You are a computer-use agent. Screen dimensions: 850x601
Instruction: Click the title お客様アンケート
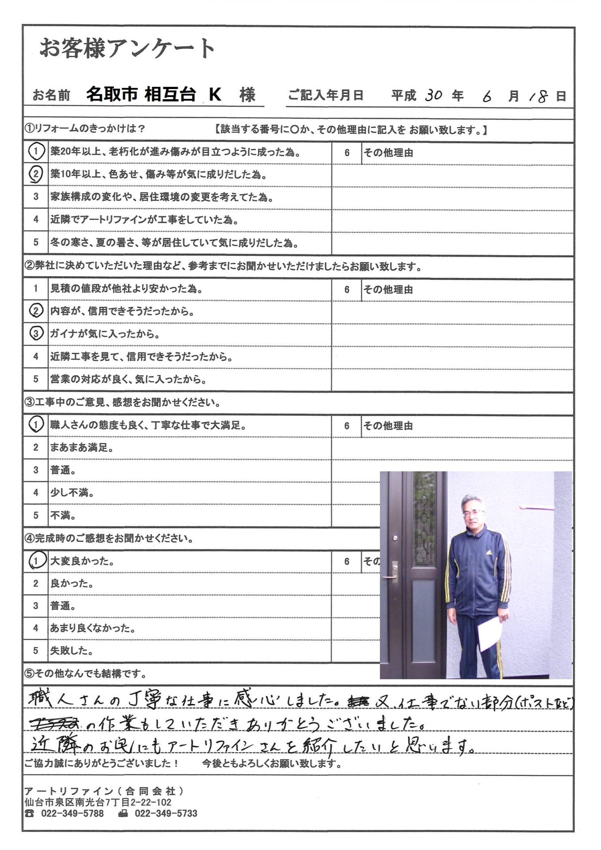127,48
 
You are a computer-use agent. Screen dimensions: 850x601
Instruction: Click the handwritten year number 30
433,95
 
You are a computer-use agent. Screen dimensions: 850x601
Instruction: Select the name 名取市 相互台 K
153,94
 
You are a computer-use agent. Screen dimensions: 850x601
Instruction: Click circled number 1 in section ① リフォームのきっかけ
36,152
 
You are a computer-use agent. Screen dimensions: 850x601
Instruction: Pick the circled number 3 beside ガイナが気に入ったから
36,334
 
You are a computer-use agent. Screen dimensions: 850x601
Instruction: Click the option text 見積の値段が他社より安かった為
126,289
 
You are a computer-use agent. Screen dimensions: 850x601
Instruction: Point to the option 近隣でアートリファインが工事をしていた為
144,220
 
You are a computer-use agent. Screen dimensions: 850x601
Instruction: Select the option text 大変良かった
82,561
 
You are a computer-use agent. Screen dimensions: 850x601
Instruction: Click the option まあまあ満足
82,448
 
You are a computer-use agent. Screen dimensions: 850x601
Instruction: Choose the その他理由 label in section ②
388,290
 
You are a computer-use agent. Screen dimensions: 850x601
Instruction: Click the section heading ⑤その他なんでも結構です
85,674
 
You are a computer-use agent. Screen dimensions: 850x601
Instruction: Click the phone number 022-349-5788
72,814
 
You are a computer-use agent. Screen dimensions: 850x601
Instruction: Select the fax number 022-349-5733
166,814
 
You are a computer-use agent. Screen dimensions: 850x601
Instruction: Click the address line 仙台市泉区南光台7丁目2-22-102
98,802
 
